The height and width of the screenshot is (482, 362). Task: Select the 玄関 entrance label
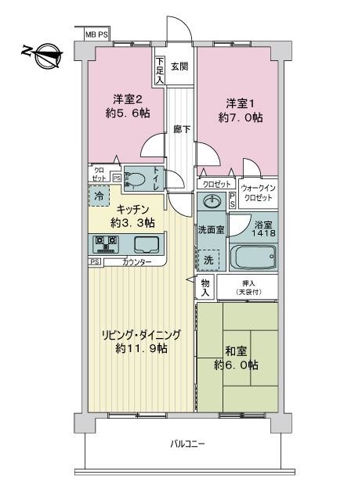(x=179, y=66)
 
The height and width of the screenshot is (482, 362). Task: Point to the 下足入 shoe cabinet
(x=160, y=70)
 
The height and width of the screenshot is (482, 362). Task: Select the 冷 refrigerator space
(x=100, y=196)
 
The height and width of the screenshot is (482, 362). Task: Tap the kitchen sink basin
(x=146, y=243)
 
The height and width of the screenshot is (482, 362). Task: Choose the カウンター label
(x=137, y=262)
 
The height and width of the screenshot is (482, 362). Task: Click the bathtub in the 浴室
(x=251, y=256)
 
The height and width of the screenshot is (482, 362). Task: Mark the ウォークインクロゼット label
(x=258, y=192)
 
